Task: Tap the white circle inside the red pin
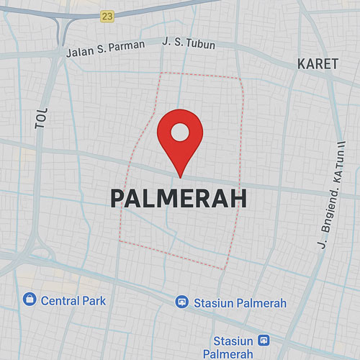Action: coord(179,132)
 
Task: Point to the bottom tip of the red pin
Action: coord(179,176)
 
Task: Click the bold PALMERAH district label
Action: coord(179,199)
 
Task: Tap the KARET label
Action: coord(318,64)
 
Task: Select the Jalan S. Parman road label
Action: coord(105,48)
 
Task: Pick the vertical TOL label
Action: coord(41,120)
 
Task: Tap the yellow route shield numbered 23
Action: coord(108,16)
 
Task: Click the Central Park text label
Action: coord(73,300)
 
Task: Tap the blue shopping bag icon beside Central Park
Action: coord(29,300)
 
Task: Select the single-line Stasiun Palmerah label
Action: coord(240,303)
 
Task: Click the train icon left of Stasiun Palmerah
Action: coord(182,302)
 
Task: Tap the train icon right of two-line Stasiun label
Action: coord(264,340)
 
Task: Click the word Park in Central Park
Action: coord(94,300)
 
